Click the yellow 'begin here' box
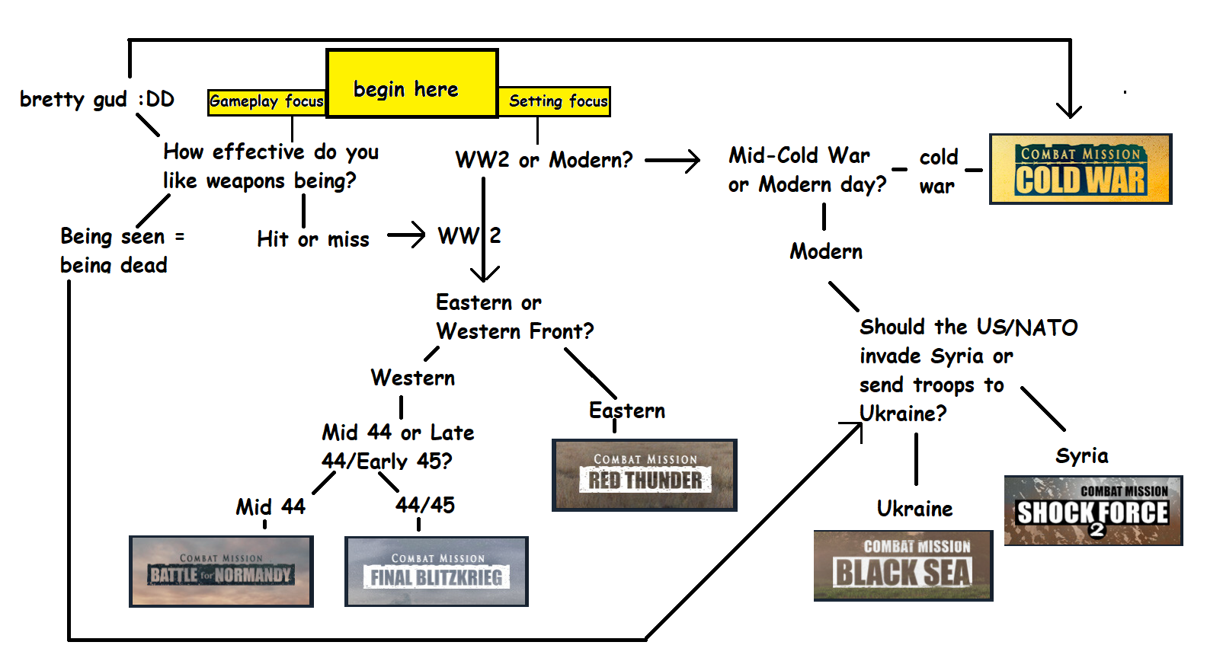(411, 84)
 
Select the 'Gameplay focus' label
(267, 101)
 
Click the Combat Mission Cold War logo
(1081, 169)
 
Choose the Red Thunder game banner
(645, 474)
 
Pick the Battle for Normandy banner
(221, 571)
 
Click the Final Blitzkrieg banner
(437, 571)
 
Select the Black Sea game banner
(903, 566)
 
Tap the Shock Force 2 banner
(1093, 510)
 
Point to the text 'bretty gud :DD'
(97, 99)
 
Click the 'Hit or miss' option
(313, 239)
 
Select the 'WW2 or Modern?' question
(544, 160)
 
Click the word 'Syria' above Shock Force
(1082, 455)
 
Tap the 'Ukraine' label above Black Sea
(914, 509)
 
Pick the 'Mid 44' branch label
(271, 506)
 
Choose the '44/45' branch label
(425, 505)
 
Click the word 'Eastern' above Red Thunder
(627, 411)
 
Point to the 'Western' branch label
(413, 378)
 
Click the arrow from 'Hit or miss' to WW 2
(406, 235)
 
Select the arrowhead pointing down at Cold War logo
(1070, 109)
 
